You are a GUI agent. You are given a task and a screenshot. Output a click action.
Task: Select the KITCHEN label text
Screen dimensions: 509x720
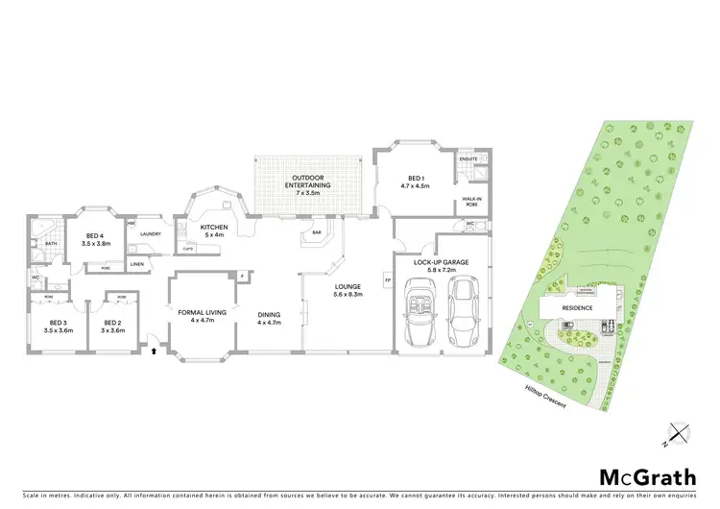pyautogui.click(x=213, y=228)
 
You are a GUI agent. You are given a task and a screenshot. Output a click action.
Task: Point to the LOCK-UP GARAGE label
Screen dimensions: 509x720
pyautogui.click(x=441, y=262)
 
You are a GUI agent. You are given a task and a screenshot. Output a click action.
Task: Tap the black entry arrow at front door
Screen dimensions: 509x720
pyautogui.click(x=153, y=351)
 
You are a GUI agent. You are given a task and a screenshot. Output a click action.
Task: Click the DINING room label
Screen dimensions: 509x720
pyautogui.click(x=267, y=318)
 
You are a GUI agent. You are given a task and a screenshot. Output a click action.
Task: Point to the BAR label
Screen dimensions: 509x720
pyautogui.click(x=315, y=231)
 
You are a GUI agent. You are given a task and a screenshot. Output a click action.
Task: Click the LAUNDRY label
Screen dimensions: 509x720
pyautogui.click(x=150, y=234)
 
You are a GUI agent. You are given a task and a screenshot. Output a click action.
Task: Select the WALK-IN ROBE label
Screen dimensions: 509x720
pyautogui.click(x=471, y=202)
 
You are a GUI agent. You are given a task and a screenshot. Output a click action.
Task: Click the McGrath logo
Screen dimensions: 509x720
pyautogui.click(x=635, y=477)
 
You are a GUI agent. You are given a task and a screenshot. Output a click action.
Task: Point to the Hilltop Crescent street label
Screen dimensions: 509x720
pyautogui.click(x=545, y=395)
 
